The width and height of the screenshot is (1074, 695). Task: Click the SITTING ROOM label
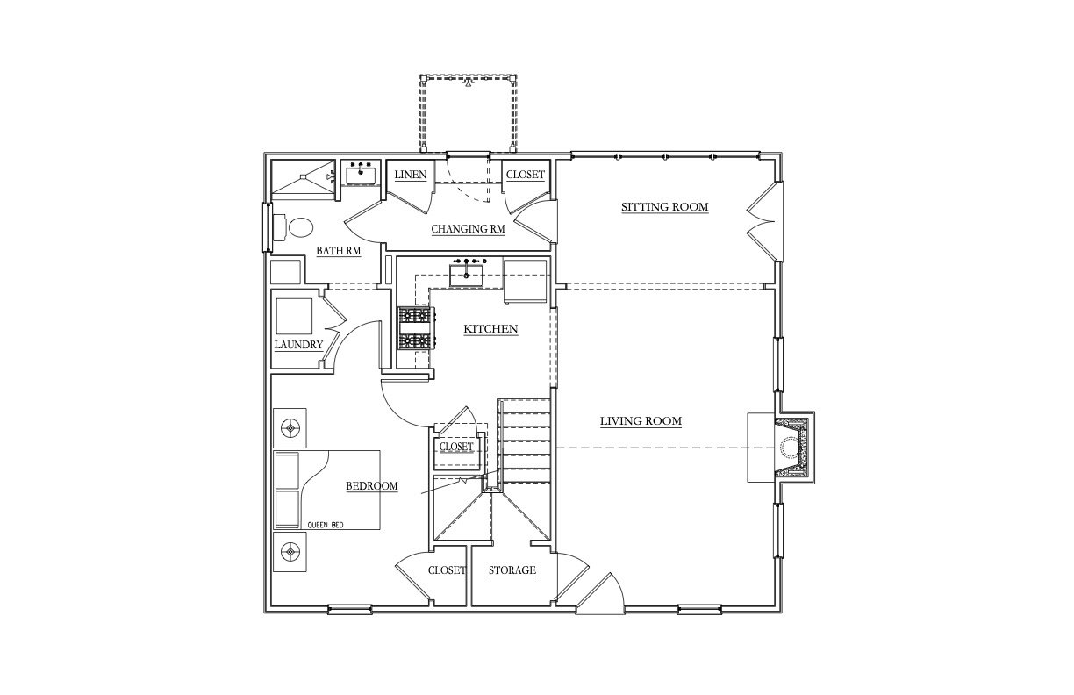pos(664,207)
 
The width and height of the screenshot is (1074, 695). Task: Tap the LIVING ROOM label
pos(641,421)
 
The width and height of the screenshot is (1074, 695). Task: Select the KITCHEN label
pos(490,329)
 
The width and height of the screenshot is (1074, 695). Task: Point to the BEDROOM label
pos(371,486)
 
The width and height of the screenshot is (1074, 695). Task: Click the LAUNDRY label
pos(298,345)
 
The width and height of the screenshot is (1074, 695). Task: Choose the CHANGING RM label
pos(468,229)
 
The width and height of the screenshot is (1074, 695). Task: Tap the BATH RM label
pos(338,250)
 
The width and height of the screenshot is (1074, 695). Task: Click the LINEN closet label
pos(411,175)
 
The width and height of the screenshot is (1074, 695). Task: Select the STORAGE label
pos(512,570)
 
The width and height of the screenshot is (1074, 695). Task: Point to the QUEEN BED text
pos(325,526)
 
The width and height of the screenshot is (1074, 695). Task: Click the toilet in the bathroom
pos(293,227)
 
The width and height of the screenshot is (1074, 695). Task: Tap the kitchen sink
pos(466,275)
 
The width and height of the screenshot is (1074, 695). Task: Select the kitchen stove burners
pos(415,328)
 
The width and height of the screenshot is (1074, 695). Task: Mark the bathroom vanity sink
pos(361,173)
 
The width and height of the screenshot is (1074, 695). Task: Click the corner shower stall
pos(303,180)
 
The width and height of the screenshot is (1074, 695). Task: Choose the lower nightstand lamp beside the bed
pos(290,552)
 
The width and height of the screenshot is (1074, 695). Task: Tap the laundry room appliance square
pos(294,316)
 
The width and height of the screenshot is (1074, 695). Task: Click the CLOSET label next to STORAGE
pos(447,570)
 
